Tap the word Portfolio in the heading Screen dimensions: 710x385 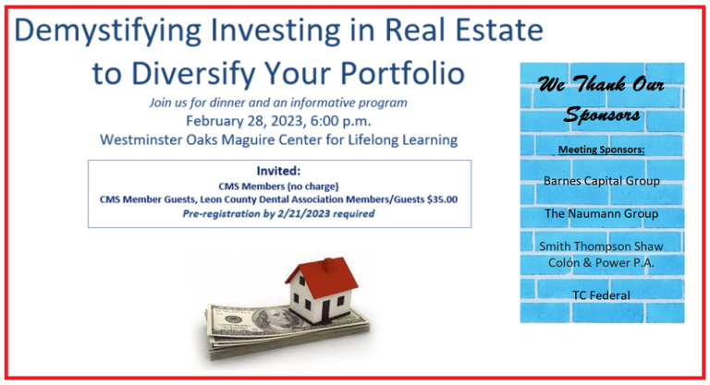402,73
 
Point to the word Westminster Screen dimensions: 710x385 141,139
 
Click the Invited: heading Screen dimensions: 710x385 278,171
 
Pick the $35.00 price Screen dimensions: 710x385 442,199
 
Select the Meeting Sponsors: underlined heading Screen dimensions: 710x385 601,150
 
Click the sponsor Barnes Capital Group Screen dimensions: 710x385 601,181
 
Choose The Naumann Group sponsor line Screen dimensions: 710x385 601,213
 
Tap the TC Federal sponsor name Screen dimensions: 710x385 601,295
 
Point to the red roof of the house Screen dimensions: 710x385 324,276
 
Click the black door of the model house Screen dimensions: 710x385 326,309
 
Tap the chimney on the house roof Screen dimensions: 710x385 329,263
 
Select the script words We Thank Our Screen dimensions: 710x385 601,85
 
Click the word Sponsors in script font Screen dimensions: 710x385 602,114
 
